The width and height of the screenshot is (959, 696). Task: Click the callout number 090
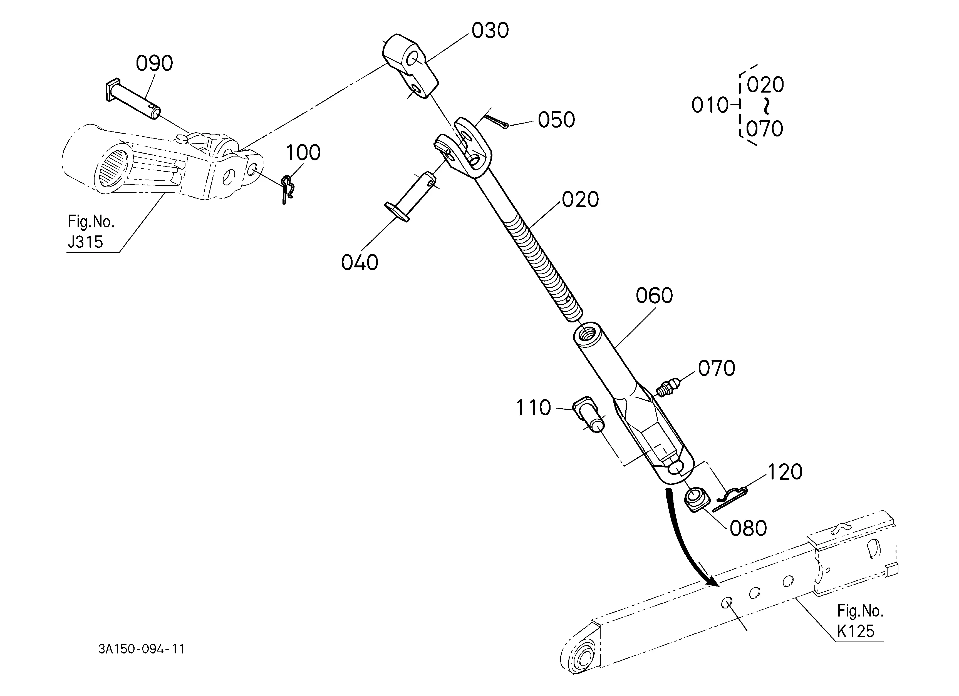(x=154, y=64)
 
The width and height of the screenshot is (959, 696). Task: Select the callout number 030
(x=490, y=31)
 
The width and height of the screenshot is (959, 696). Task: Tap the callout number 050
(x=556, y=120)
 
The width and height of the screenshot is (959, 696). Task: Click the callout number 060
(x=654, y=296)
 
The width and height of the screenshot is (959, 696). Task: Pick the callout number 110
(x=533, y=408)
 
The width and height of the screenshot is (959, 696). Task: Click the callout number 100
(x=303, y=153)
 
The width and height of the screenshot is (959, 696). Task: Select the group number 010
(x=710, y=105)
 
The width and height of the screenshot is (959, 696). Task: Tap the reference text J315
(x=85, y=242)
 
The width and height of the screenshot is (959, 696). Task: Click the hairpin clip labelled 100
(x=288, y=189)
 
